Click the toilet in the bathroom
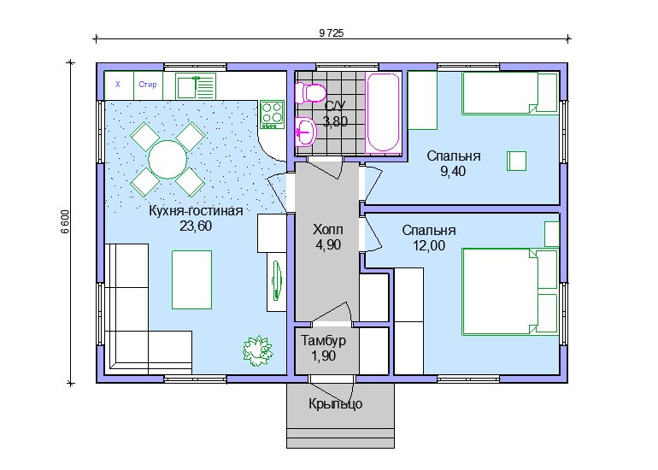[310, 93]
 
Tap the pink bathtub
[383, 112]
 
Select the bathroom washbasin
[306, 132]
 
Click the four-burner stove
[272, 115]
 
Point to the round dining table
[167, 160]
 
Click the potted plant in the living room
[257, 350]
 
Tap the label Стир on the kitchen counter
[148, 85]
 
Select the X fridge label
[118, 85]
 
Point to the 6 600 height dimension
[65, 221]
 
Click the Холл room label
[328, 230]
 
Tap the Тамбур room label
[324, 340]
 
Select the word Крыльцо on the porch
[335, 404]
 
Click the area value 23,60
[196, 226]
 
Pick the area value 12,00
[429, 245]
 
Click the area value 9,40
[453, 171]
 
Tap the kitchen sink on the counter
[196, 86]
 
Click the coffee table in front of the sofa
[191, 280]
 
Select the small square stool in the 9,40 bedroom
[517, 162]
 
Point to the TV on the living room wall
[277, 281]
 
